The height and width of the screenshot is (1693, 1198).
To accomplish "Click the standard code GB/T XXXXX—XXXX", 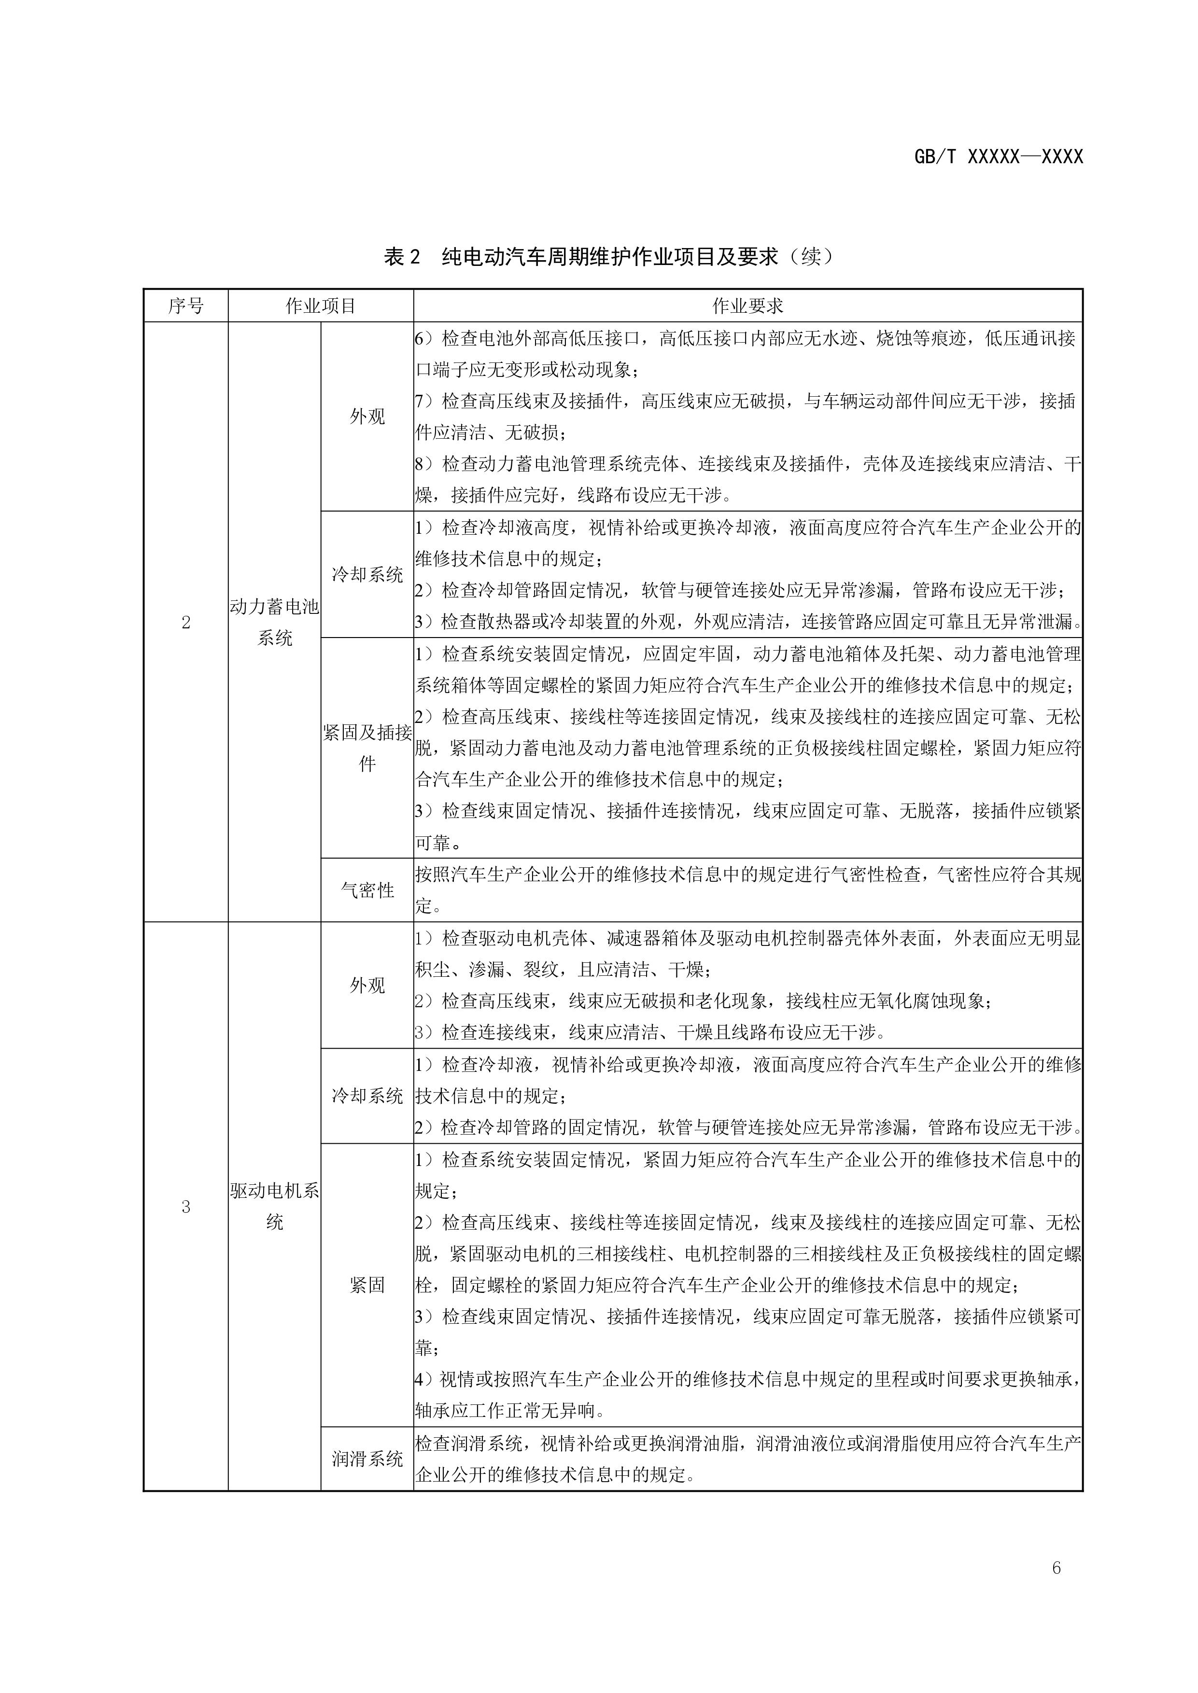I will (x=998, y=157).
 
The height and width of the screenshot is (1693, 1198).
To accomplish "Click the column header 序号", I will (x=186, y=306).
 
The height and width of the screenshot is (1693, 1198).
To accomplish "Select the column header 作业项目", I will (x=321, y=306).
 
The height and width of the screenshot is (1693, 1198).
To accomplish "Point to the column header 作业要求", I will (x=747, y=306).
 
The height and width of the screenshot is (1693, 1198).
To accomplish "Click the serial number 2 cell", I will (x=186, y=623).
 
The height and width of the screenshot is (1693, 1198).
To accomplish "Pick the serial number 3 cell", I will (x=186, y=1207).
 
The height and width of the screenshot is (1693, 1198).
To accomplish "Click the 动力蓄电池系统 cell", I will (x=274, y=623).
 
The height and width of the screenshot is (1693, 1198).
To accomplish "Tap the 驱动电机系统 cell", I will (x=274, y=1207).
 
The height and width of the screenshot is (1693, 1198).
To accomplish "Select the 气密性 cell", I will (x=367, y=890).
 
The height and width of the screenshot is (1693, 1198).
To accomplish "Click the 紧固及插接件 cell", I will (x=367, y=748).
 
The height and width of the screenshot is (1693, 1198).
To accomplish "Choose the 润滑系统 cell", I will (x=367, y=1458).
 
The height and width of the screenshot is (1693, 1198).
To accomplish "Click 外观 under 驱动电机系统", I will (x=367, y=985).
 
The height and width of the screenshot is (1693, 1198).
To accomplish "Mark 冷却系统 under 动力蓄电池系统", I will (x=367, y=574).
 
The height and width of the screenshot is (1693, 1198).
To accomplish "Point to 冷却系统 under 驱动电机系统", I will (x=367, y=1096).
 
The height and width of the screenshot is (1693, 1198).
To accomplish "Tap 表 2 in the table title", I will (x=402, y=257).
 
